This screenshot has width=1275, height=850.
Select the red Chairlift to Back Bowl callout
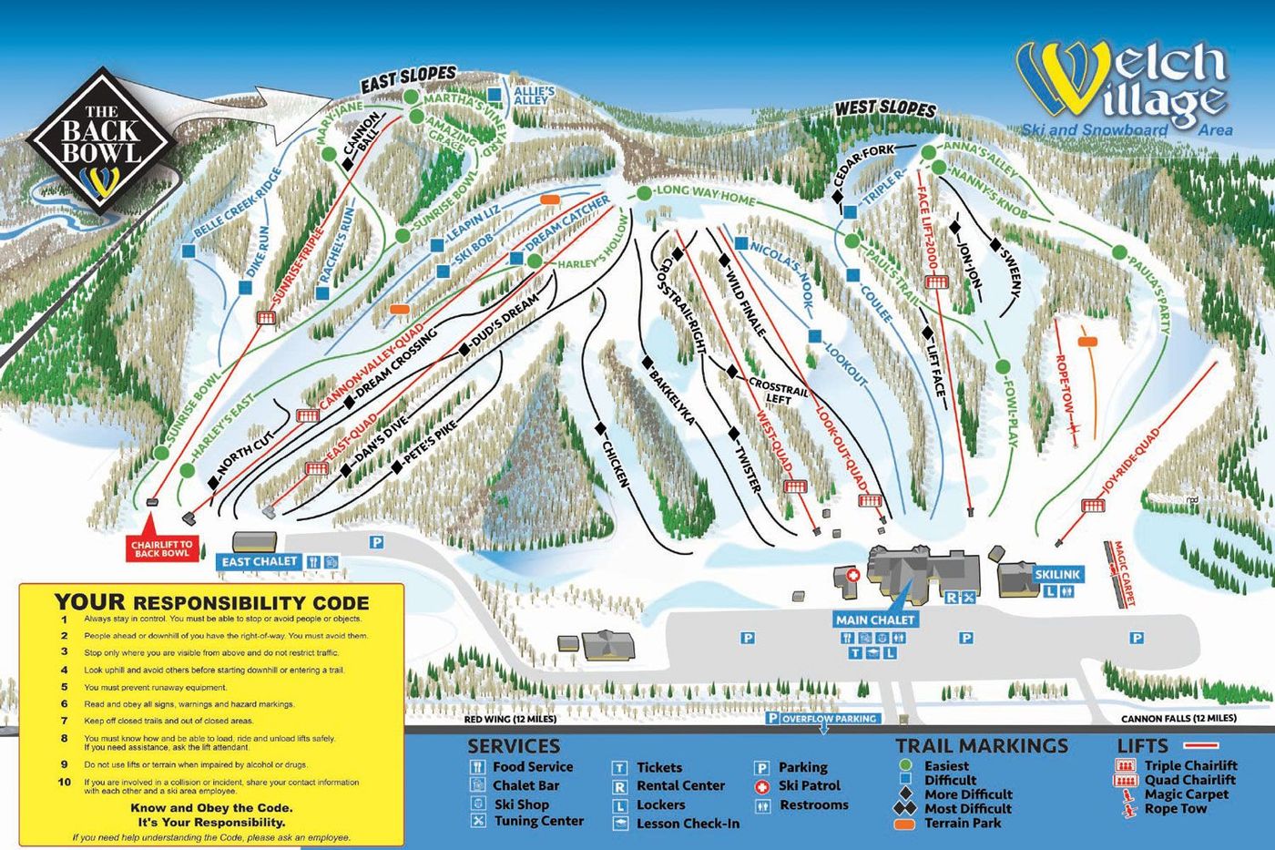coord(161,548)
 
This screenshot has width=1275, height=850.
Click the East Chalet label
coord(260,562)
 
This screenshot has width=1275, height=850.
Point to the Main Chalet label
coord(874,620)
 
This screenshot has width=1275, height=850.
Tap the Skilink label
coord(1057,575)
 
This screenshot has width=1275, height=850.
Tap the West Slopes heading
coord(885,108)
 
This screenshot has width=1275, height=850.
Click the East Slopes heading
coord(407,79)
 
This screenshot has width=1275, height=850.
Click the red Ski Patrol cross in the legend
coord(762,786)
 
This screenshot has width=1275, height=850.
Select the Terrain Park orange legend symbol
coord(905,824)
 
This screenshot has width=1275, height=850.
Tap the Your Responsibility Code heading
coord(211,602)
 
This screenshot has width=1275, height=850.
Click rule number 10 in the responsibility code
coord(65,782)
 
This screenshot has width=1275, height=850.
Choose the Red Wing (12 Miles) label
coord(510,719)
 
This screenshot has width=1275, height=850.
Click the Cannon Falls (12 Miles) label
coord(1178,718)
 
